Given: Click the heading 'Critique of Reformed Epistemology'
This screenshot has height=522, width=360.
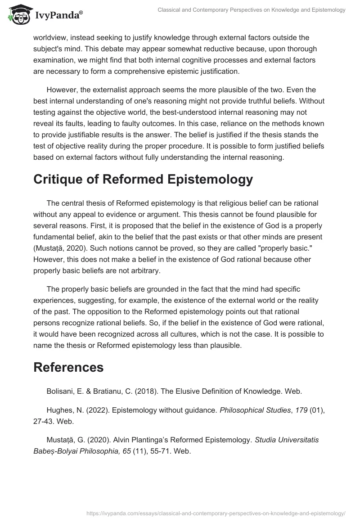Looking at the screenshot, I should coord(143,179).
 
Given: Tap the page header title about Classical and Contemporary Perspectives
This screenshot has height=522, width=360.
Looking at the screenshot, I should coord(252,10).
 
